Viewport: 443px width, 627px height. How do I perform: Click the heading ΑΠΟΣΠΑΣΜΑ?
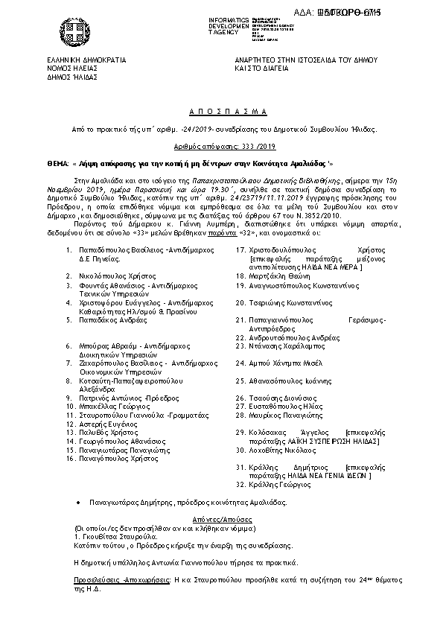coord(221,111)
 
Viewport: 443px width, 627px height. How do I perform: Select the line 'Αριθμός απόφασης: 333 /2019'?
coord(221,147)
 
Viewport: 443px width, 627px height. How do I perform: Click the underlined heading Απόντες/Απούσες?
coord(221,517)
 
